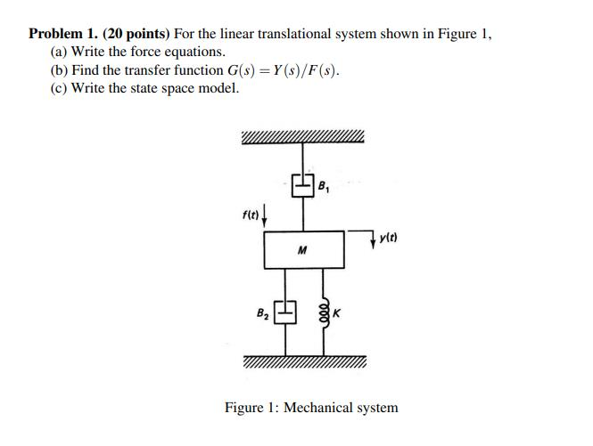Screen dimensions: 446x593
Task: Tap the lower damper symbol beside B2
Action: [x=284, y=312]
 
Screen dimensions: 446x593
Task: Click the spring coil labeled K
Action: [x=325, y=312]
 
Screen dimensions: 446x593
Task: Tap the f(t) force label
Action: [x=251, y=213]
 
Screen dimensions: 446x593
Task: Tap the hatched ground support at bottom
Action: [x=303, y=362]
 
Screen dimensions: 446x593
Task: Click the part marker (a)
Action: [x=60, y=52]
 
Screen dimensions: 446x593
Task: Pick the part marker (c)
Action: [x=60, y=87]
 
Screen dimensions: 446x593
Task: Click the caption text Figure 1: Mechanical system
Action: [x=311, y=408]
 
